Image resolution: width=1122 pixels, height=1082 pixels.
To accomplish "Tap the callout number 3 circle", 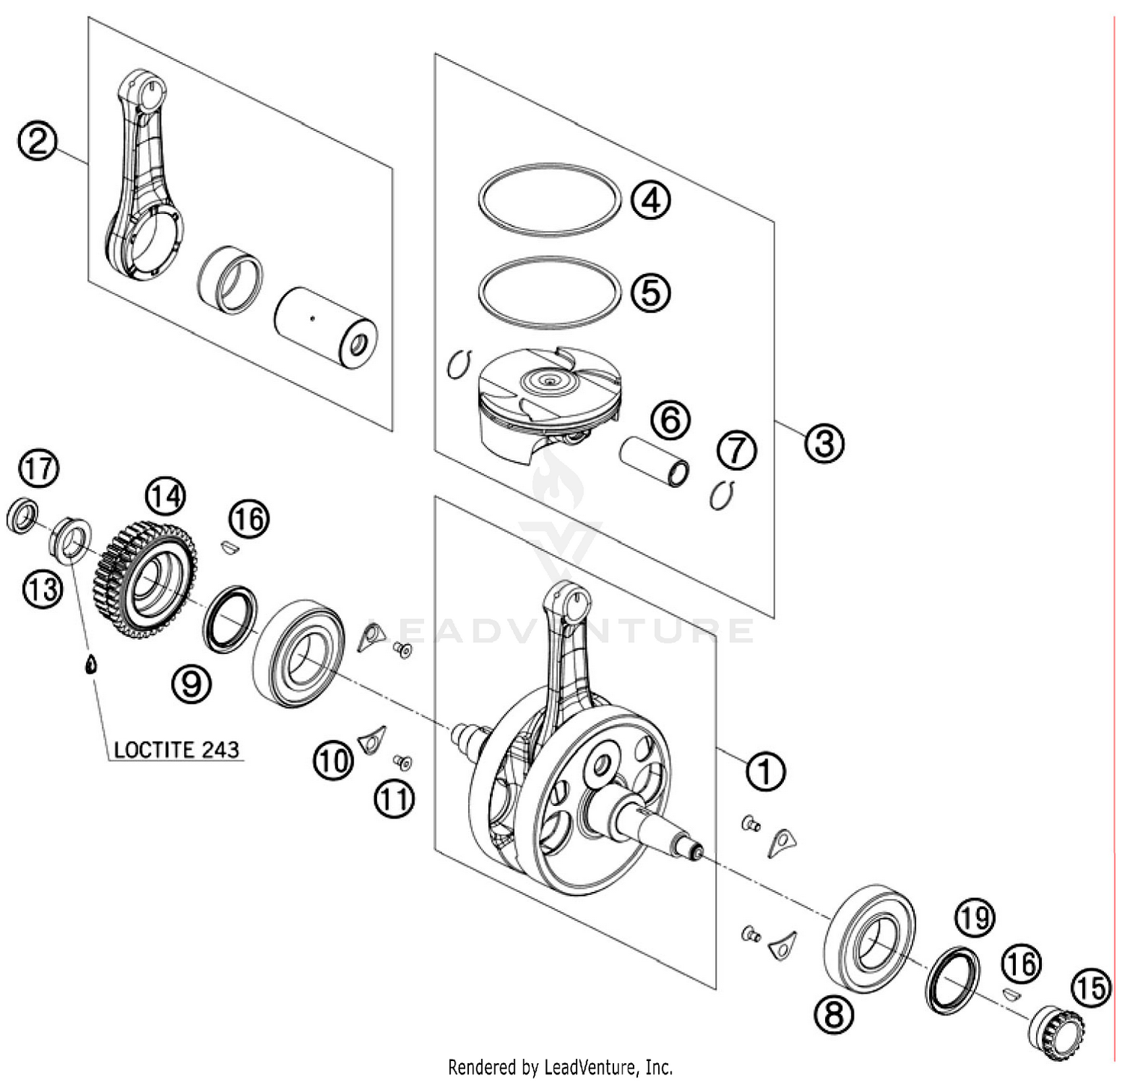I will pos(824,443).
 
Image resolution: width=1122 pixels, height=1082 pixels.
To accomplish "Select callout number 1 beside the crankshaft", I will pos(764,770).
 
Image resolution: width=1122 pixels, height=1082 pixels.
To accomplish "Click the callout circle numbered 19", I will pos(974,918).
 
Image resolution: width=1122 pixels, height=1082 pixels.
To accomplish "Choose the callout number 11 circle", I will pos(394,799).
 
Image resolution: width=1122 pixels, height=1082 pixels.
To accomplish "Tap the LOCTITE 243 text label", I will pos(177,749).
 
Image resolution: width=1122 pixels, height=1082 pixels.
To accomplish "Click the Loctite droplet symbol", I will pos(90,664).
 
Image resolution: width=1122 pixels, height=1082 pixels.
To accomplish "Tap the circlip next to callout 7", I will pos(722,495).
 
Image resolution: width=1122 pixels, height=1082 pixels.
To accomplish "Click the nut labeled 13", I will pos(70,539).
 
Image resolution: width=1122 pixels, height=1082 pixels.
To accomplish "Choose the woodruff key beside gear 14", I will pos(229,547).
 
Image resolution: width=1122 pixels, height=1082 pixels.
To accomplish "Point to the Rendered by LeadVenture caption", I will pos(560,1066).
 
